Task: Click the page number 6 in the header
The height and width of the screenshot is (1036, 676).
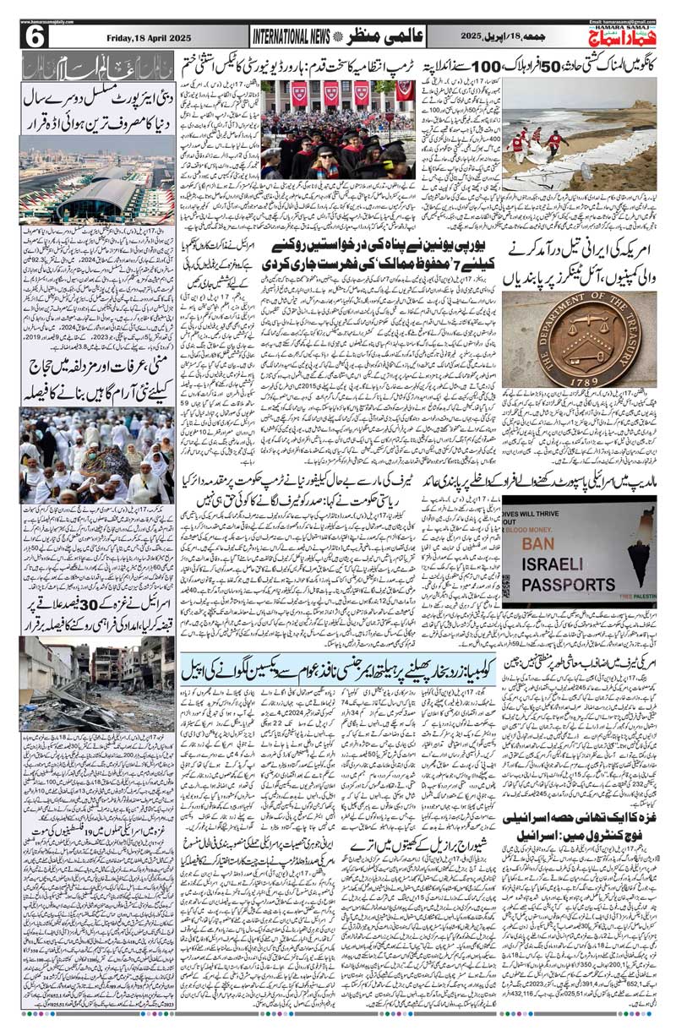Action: pyautogui.click(x=37, y=37)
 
